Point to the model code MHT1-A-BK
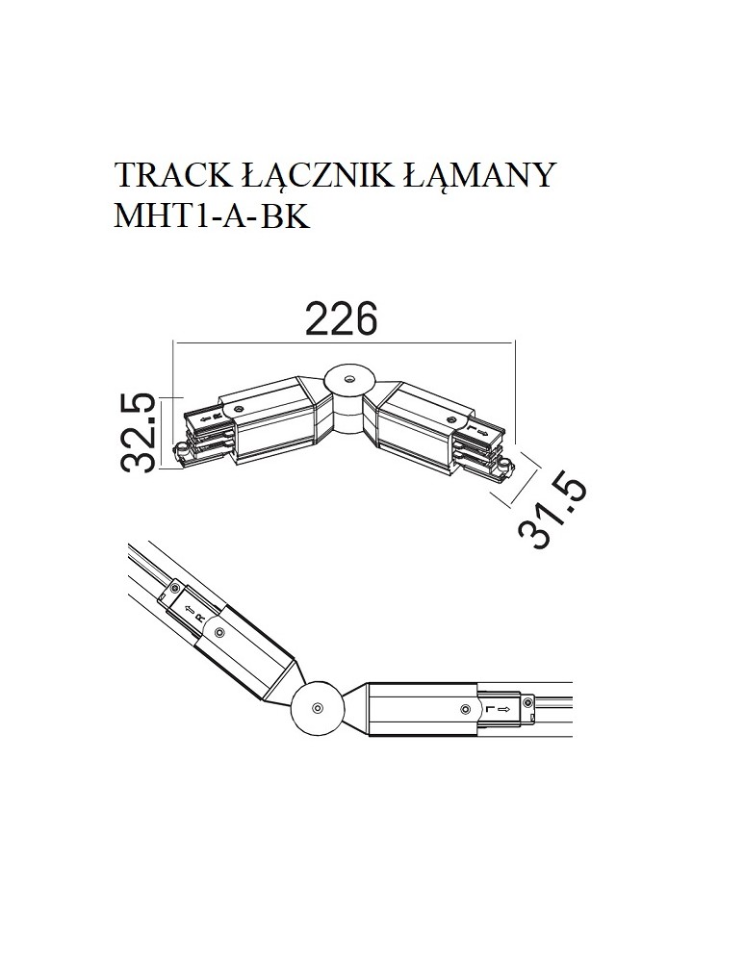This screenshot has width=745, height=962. (211, 216)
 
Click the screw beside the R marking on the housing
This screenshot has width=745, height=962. (220, 632)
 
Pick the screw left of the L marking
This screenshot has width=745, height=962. (466, 709)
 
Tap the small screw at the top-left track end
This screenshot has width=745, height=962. (175, 587)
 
